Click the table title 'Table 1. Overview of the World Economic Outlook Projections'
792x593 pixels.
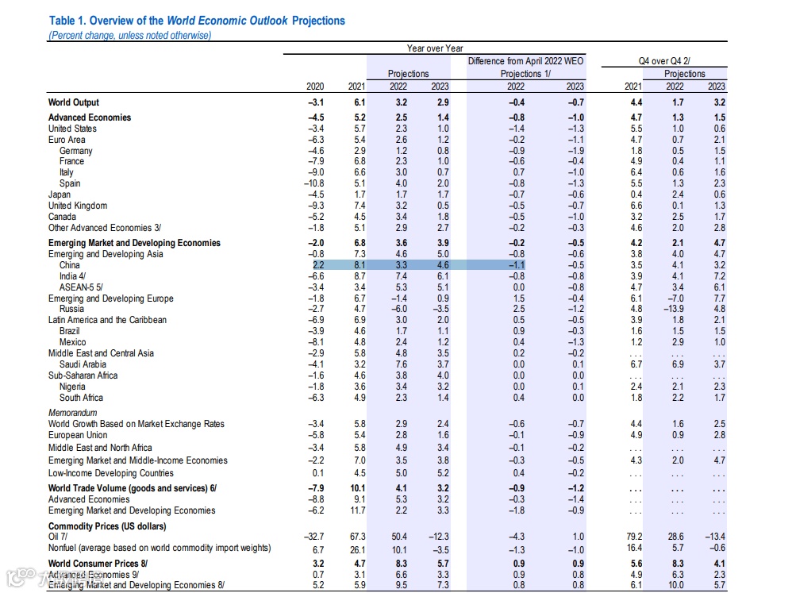(x=197, y=21)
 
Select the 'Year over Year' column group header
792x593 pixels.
(x=434, y=48)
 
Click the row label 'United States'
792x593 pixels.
(x=72, y=129)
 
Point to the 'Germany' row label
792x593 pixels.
(x=75, y=151)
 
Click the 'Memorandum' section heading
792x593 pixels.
(x=72, y=413)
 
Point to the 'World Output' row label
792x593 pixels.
(x=74, y=102)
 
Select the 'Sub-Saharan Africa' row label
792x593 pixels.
(x=83, y=375)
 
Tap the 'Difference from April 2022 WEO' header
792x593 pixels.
(x=525, y=61)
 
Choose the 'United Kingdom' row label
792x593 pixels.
(x=78, y=206)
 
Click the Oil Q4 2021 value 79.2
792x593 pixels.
(x=632, y=537)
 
